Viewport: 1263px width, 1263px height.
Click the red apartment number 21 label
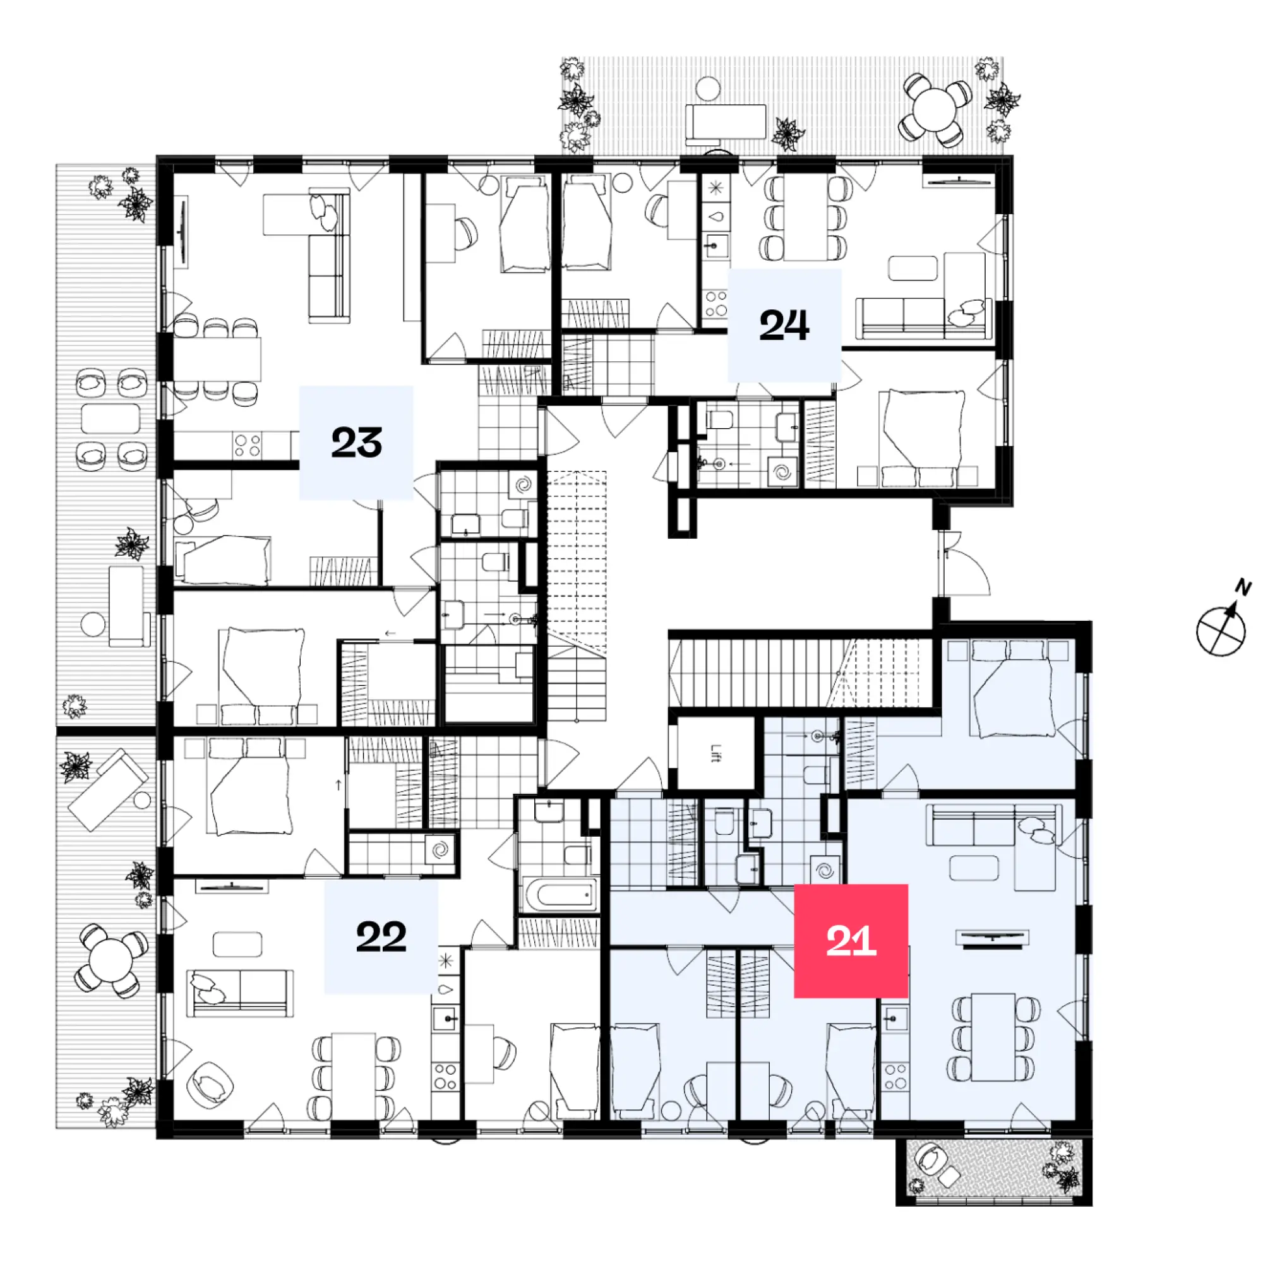pyautogui.click(x=851, y=942)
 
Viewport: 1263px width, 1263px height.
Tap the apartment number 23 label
pyautogui.click(x=356, y=443)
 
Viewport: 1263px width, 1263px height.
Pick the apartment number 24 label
pyautogui.click(x=784, y=325)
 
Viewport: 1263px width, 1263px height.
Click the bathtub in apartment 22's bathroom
pyautogui.click(x=560, y=894)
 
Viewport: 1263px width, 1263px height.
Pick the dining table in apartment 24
pyautogui.click(x=806, y=218)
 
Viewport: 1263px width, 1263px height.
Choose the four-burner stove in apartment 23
pyautogui.click(x=248, y=445)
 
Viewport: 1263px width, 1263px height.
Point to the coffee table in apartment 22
pyautogui.click(x=237, y=944)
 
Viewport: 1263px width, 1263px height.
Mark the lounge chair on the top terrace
pyautogui.click(x=726, y=123)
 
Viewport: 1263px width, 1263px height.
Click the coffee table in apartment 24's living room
pyautogui.click(x=913, y=268)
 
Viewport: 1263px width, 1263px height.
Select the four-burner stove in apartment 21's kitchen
pyautogui.click(x=895, y=1076)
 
